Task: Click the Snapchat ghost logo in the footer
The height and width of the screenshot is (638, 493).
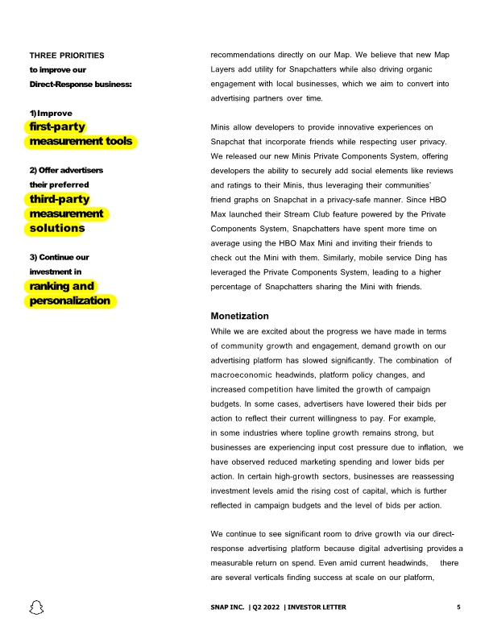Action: (36, 607)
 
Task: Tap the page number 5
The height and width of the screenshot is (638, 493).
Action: (458, 607)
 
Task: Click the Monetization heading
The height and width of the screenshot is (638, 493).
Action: (239, 316)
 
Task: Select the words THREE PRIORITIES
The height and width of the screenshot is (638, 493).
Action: (67, 55)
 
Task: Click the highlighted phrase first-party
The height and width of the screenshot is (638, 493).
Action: (57, 126)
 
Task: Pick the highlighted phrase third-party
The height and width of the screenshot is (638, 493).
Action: (60, 199)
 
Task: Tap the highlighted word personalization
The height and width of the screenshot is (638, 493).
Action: (70, 300)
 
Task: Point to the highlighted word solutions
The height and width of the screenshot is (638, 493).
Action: (57, 228)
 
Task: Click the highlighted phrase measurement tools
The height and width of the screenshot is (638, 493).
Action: (81, 141)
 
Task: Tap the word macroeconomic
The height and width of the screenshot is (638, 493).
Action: (246, 375)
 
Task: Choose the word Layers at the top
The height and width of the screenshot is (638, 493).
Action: (226, 69)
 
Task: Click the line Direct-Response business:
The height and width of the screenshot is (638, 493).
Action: (81, 84)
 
